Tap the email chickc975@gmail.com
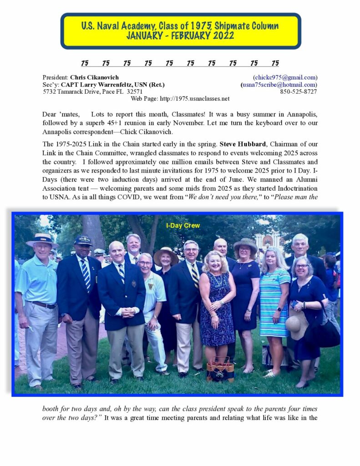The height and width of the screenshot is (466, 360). (x=285, y=77)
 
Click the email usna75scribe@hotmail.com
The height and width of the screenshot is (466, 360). (x=279, y=85)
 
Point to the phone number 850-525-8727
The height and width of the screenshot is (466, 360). (x=299, y=91)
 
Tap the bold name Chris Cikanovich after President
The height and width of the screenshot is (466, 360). (x=94, y=77)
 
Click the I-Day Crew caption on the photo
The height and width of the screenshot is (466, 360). (x=183, y=225)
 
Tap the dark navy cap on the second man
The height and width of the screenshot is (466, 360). (x=83, y=240)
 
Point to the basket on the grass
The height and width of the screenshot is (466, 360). (x=220, y=369)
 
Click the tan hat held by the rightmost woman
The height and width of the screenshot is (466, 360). (x=296, y=324)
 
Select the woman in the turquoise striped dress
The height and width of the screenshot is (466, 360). (x=274, y=300)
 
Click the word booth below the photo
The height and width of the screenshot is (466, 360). (x=51, y=409)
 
